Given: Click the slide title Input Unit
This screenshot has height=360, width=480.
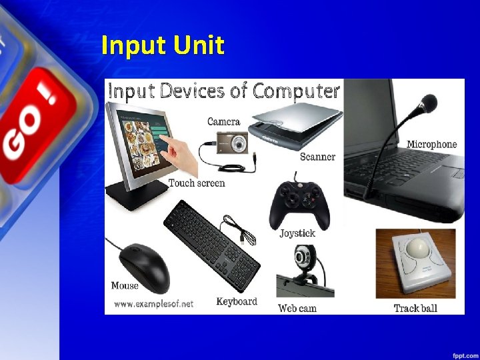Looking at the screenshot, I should (163, 45).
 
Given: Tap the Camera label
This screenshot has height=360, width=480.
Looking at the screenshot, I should (223, 121).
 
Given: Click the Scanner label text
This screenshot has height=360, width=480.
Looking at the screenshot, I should (317, 157).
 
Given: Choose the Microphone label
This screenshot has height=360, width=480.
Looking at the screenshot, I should (432, 144).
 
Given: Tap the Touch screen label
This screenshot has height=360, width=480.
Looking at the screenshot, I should (197, 183).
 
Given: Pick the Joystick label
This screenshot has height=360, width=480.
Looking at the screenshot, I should (297, 233).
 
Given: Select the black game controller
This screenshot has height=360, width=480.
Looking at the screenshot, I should (299, 203).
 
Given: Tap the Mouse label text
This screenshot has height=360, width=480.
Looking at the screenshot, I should (125, 285).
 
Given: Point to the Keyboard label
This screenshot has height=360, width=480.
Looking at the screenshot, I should (237, 301).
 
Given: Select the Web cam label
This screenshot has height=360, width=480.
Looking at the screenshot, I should (297, 308).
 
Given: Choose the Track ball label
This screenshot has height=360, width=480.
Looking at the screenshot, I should (415, 308).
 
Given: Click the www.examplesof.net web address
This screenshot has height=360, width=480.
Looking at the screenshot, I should (153, 303).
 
